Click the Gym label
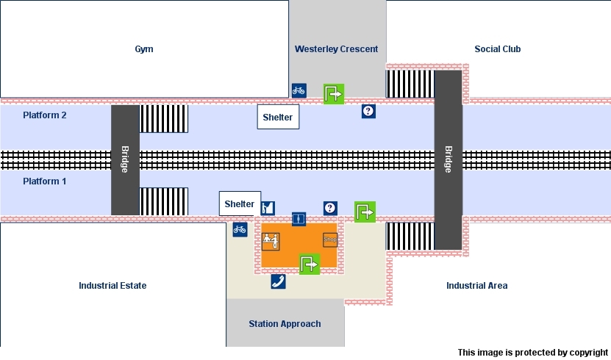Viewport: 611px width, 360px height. coord(144,49)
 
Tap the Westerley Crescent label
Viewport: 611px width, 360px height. coord(336,49)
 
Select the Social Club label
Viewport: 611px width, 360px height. coord(497,49)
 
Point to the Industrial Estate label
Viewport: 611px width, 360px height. coord(112,285)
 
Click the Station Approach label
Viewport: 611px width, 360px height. coord(285,323)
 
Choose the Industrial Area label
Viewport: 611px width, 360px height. coord(476,285)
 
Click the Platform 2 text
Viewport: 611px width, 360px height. coord(45,115)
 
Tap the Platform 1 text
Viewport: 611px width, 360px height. coord(45,181)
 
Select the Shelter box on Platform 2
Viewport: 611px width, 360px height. coord(278,118)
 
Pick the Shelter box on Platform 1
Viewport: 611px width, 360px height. coord(240,204)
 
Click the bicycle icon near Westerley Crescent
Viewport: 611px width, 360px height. coord(299,90)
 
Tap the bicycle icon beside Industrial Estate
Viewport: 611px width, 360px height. coord(240,229)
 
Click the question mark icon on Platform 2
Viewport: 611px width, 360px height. coord(368,111)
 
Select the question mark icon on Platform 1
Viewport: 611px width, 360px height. coord(330,208)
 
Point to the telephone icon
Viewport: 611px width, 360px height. coord(278,281)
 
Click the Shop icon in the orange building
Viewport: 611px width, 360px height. coord(330,240)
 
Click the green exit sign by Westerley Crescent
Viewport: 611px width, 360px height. coord(334,94)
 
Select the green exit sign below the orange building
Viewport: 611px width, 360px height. coord(310,263)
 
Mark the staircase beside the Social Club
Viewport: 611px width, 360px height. coord(410,84)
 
